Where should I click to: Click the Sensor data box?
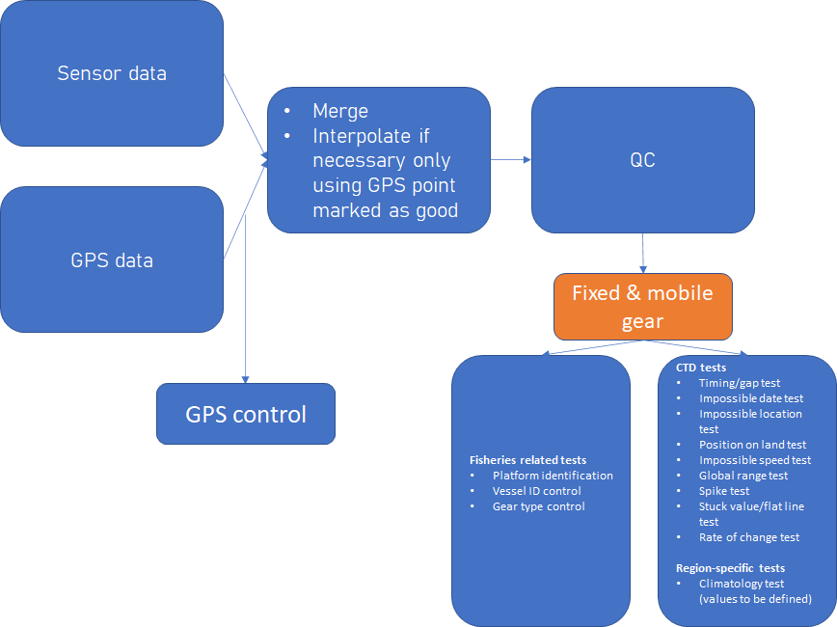(112, 73)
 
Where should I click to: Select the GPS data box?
(112, 259)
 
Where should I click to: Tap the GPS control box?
(246, 414)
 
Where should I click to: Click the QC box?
(642, 160)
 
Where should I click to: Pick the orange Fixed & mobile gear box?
(642, 307)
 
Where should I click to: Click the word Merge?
(340, 111)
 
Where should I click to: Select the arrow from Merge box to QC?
(511, 160)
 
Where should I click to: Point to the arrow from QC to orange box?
(642, 253)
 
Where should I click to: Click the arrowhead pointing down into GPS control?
(246, 380)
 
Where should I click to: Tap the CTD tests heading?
(701, 368)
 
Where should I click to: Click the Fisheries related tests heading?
(527, 460)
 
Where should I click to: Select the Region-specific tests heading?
(730, 568)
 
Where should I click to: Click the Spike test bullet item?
(724, 491)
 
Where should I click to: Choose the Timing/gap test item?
(740, 383)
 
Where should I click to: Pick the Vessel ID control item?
(536, 491)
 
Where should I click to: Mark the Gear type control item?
(539, 506)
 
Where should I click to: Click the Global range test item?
(743, 476)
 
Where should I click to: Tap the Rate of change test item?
(749, 537)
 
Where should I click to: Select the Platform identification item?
(553, 476)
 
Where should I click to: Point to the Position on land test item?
(753, 445)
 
